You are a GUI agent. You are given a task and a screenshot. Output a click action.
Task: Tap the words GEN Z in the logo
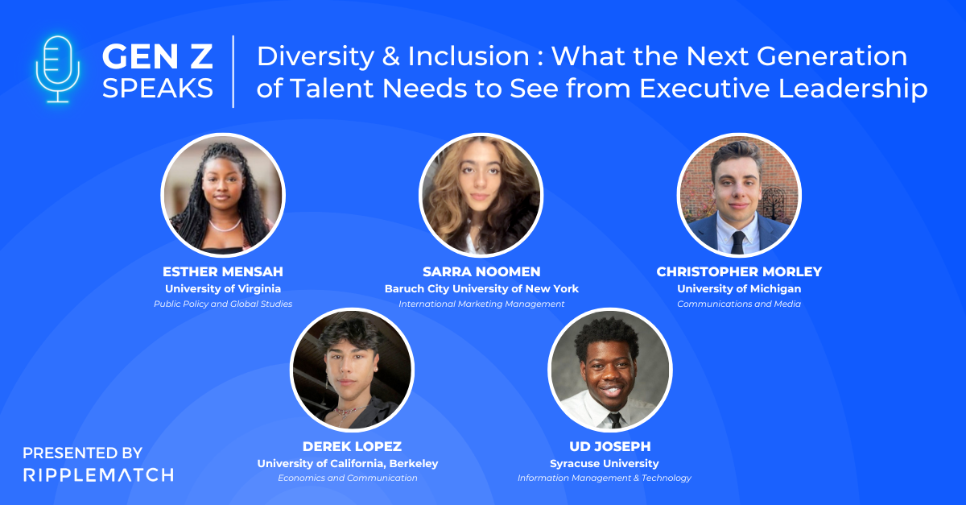pyautogui.click(x=158, y=56)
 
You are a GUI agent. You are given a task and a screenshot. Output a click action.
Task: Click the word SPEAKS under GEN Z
pyautogui.click(x=158, y=88)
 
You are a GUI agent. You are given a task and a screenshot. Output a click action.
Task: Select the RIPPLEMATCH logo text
pyautogui.click(x=97, y=474)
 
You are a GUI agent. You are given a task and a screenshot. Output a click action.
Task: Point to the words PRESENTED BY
pyautogui.click(x=82, y=453)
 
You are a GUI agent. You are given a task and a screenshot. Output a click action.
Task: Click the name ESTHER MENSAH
pyautogui.click(x=223, y=271)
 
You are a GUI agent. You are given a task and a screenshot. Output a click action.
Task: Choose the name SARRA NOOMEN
pyautogui.click(x=481, y=271)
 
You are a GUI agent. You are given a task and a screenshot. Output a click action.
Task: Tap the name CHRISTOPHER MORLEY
pyautogui.click(x=739, y=271)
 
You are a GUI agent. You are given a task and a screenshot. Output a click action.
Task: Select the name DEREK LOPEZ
pyautogui.click(x=352, y=446)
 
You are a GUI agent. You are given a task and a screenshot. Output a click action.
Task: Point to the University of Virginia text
pyautogui.click(x=223, y=288)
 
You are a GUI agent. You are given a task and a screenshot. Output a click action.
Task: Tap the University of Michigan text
pyautogui.click(x=739, y=288)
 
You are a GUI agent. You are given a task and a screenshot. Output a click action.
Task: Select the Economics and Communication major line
pyautogui.click(x=348, y=478)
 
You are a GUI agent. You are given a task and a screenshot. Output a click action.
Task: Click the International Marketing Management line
pyautogui.click(x=481, y=304)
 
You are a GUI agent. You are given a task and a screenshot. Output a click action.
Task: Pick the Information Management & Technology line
pyautogui.click(x=604, y=478)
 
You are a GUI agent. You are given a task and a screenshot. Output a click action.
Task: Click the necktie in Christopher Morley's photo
pyautogui.click(x=738, y=241)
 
